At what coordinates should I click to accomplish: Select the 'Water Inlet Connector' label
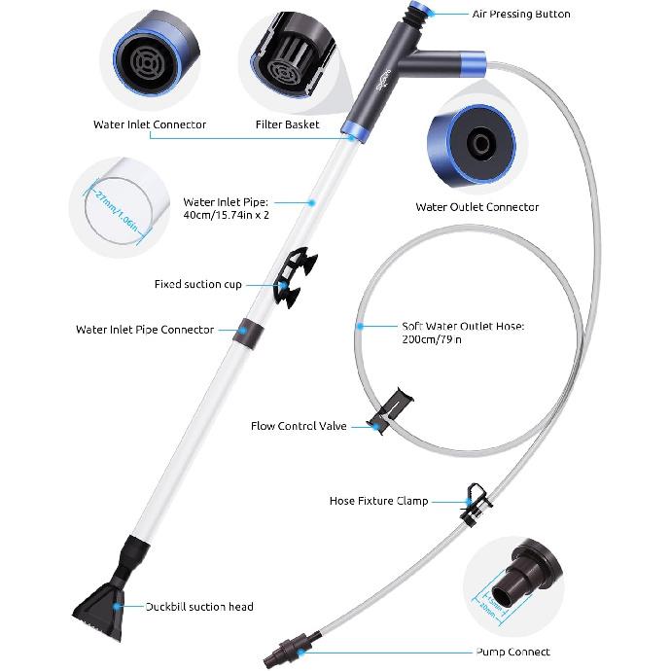click(150, 124)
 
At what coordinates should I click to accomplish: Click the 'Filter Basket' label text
click(287, 124)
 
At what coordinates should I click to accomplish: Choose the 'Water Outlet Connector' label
click(477, 206)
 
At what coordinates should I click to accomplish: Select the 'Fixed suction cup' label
click(197, 285)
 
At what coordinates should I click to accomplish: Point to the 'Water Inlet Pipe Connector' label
click(144, 330)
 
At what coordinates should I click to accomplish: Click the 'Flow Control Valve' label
click(299, 426)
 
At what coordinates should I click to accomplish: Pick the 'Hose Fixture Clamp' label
click(378, 501)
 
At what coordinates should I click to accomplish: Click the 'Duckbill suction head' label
click(199, 607)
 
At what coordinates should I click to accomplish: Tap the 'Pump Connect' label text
click(512, 652)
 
